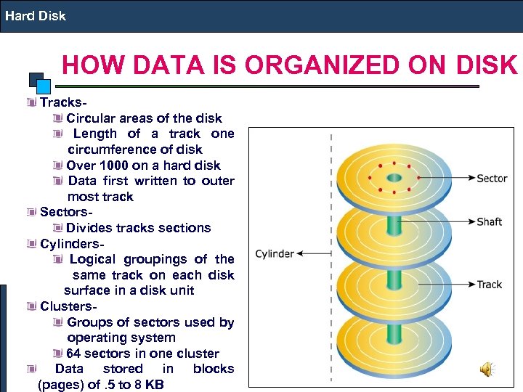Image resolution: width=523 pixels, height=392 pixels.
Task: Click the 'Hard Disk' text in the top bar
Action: click(x=36, y=15)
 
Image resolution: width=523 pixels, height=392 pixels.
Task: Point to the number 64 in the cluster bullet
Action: click(x=73, y=354)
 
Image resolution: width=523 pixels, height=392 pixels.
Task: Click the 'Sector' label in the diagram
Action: click(x=492, y=178)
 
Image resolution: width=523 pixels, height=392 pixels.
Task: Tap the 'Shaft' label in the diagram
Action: click(x=489, y=221)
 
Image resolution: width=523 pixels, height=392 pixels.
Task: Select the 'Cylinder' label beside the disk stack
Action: click(x=275, y=254)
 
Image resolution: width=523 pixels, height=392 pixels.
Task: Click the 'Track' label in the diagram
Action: click(x=489, y=284)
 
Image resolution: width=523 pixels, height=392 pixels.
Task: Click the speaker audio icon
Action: click(x=486, y=370)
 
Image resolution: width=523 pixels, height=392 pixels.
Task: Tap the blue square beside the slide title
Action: click(x=44, y=86)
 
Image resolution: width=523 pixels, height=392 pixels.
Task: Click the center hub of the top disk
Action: click(x=394, y=178)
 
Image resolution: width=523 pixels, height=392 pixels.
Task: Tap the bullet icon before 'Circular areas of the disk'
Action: click(x=57, y=118)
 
